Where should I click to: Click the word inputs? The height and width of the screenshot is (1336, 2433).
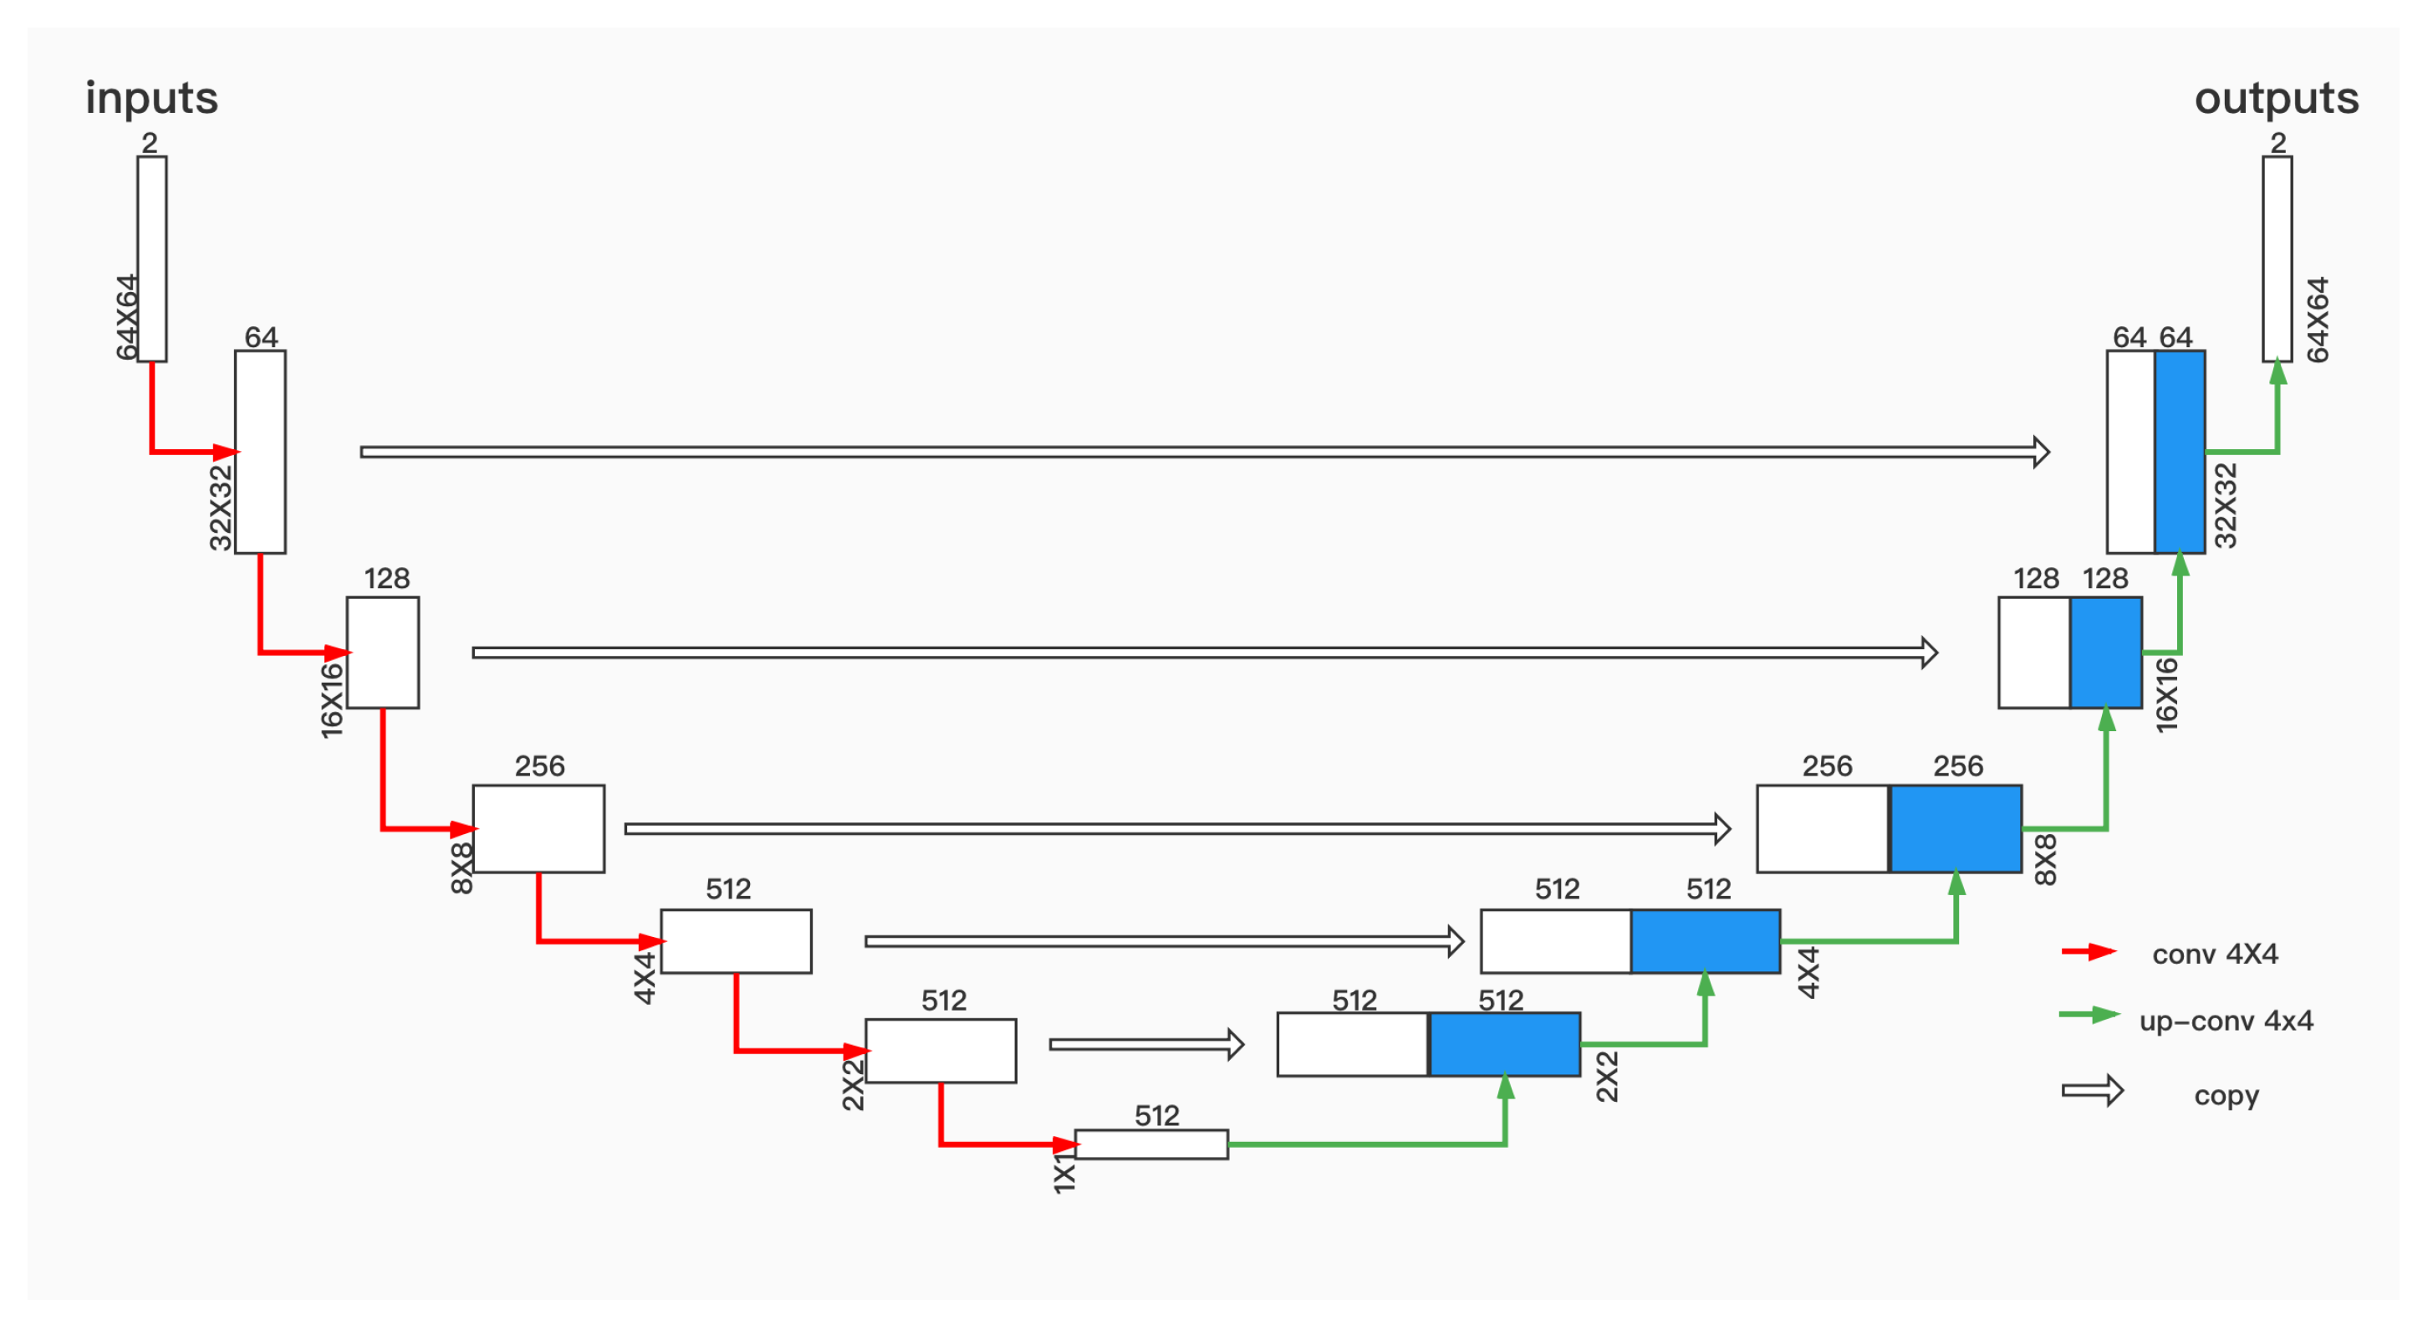(x=151, y=98)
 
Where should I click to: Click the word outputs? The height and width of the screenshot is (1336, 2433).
(x=2276, y=98)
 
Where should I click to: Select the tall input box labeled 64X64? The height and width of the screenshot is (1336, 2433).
(x=152, y=258)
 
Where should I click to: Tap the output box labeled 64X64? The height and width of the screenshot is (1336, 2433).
(x=2277, y=258)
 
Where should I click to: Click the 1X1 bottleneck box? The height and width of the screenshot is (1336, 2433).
(x=1151, y=1144)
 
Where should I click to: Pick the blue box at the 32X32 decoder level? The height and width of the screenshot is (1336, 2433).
(x=2180, y=452)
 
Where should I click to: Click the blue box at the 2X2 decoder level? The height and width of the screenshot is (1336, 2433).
(x=1505, y=1044)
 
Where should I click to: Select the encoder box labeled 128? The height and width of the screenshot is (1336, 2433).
(x=383, y=652)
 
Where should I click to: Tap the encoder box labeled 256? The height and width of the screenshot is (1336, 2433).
(x=538, y=829)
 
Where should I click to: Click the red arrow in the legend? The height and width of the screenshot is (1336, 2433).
(x=2089, y=951)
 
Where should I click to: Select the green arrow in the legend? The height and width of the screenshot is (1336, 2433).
(x=2089, y=1015)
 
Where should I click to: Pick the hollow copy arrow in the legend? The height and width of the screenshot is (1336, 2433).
(x=2092, y=1091)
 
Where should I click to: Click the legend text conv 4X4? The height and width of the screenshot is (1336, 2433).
(x=2215, y=955)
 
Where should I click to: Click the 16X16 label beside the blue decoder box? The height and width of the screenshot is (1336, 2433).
(x=2166, y=694)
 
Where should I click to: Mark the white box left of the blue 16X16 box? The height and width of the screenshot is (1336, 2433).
(x=2033, y=652)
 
